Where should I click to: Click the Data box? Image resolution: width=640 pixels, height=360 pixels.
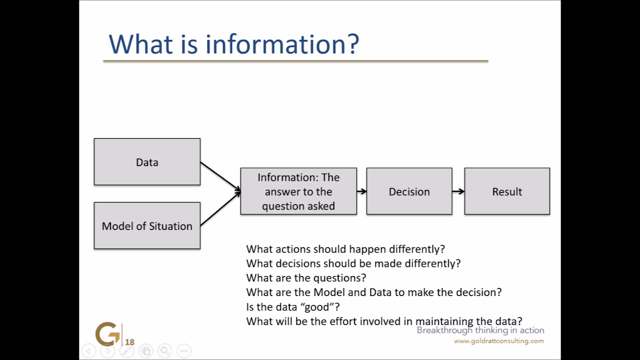(x=147, y=162)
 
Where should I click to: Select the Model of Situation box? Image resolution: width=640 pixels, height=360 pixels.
(x=147, y=225)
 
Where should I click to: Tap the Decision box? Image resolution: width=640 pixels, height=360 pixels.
(x=409, y=191)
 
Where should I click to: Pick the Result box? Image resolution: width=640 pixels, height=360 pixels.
(x=507, y=191)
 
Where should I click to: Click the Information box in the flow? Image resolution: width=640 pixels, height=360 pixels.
(x=298, y=191)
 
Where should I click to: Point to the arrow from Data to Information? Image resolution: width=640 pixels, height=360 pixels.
(x=220, y=176)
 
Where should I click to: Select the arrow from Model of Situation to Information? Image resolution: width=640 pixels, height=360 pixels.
(x=220, y=209)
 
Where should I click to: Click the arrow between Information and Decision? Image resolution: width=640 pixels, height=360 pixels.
(x=361, y=191)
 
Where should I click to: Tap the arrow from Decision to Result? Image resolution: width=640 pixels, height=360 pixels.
(x=458, y=191)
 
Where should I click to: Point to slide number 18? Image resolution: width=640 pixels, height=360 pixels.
(x=129, y=342)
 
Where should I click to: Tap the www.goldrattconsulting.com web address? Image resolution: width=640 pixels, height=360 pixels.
(x=498, y=341)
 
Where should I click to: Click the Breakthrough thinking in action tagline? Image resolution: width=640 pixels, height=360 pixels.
(x=480, y=330)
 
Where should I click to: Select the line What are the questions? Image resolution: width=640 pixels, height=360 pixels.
(x=306, y=277)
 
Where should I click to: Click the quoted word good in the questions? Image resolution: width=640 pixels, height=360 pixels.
(x=316, y=306)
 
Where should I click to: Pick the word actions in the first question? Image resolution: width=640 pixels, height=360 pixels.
(x=300, y=248)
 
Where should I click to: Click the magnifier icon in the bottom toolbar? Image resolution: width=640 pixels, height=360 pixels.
(x=165, y=351)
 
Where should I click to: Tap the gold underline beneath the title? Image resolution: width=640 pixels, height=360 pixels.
(x=295, y=61)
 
